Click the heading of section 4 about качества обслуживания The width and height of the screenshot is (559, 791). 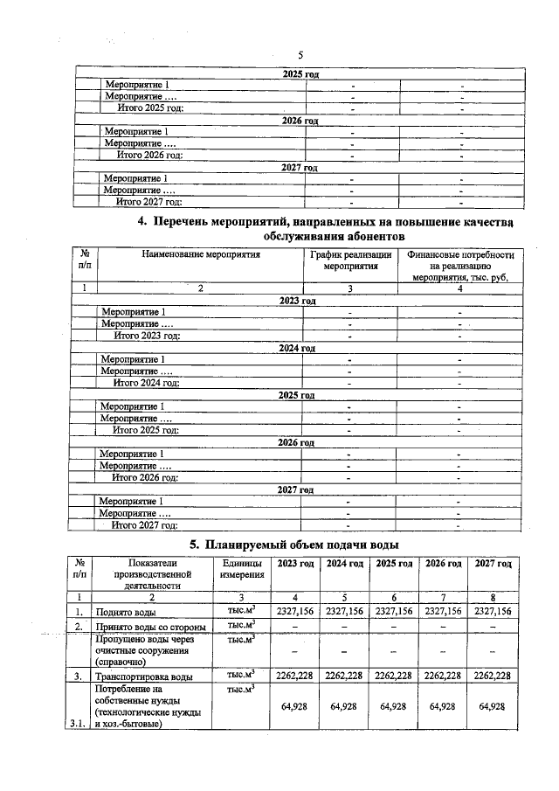pos(326,229)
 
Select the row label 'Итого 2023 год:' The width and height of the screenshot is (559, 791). pos(147,336)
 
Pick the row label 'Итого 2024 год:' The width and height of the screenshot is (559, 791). pos(147,383)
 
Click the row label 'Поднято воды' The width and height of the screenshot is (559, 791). pos(128,612)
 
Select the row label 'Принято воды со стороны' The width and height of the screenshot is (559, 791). pos(149,628)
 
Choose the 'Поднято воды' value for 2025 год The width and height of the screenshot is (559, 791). pos(392,612)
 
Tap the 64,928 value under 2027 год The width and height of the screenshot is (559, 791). pos(493,706)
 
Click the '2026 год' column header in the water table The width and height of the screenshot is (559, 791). pos(443,564)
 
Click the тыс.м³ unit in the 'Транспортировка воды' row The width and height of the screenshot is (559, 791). pos(241,674)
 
